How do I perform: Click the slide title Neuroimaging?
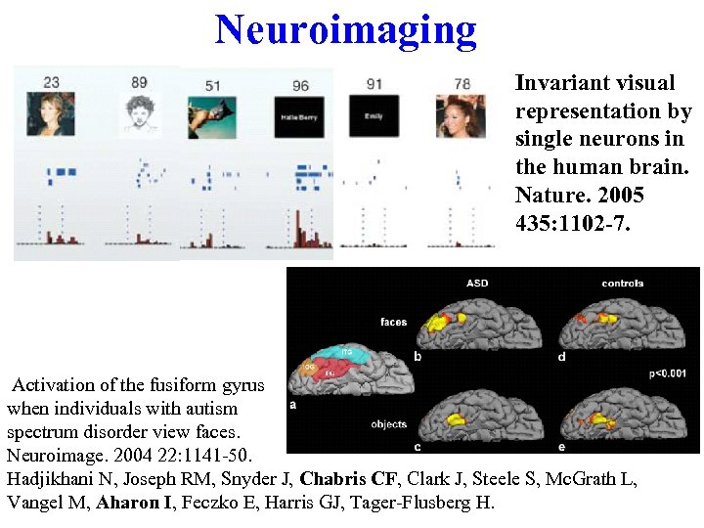coord(346,29)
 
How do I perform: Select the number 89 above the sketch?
coord(139,83)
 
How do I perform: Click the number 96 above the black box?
coord(300,85)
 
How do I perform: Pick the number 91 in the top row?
coord(374,84)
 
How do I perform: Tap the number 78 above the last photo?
coord(462,84)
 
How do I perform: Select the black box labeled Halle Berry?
coord(299,117)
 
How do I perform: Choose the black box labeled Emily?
coord(373,117)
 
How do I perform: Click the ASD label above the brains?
coord(477,284)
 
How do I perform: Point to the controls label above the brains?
coord(622,284)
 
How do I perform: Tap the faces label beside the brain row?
coord(393,322)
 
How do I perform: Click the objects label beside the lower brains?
coord(388,424)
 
